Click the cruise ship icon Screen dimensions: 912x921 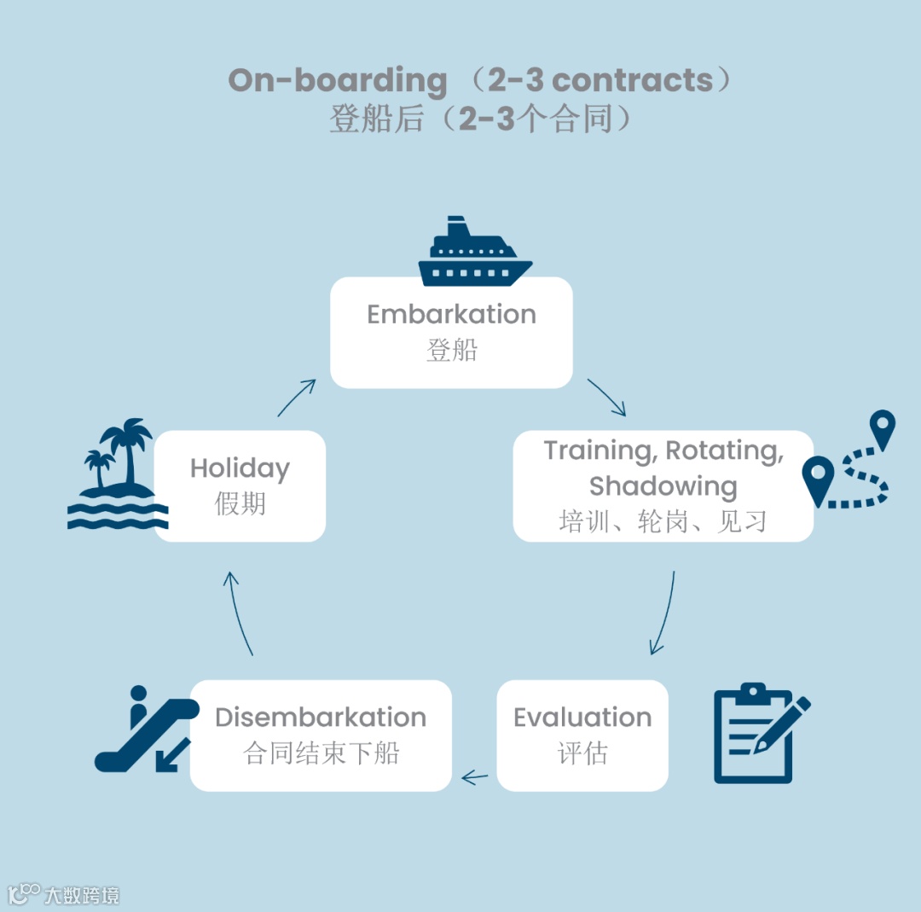coord(475,252)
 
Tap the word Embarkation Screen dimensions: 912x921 coord(451,314)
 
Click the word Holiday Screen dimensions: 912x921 coord(240,468)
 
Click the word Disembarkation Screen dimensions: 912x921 coord(320,717)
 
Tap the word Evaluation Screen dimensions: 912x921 coord(582,717)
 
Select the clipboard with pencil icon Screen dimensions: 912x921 coord(759,733)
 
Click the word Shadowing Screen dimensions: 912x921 coord(663,485)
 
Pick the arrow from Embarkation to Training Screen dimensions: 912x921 coord(607,398)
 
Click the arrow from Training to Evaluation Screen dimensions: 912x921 coord(663,613)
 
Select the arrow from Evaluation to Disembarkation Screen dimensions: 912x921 coord(474,777)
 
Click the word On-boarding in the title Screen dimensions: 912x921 coord(338,80)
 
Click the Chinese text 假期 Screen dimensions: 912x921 coord(240,504)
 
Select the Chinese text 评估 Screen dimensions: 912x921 coord(582,753)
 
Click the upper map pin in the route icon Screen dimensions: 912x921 coord(882,427)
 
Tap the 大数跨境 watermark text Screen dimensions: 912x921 coord(82,895)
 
